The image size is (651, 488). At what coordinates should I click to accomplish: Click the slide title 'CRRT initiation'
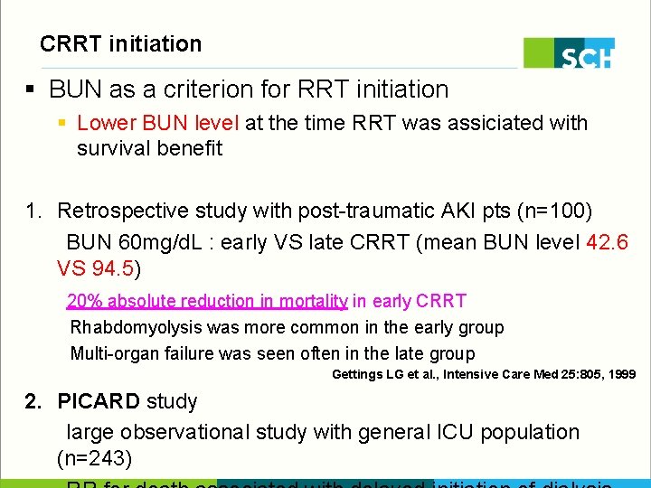tap(120, 43)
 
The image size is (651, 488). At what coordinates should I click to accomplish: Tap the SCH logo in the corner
tap(569, 53)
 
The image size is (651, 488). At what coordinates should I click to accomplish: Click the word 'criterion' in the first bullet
tap(190, 89)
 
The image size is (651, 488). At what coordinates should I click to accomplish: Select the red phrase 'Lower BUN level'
tap(158, 123)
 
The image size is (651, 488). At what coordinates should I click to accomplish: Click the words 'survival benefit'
tap(149, 149)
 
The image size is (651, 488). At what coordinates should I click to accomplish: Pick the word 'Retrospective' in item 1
tap(123, 211)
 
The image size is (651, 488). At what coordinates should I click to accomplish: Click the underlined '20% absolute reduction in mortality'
tap(207, 301)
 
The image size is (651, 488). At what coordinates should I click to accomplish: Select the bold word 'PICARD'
tap(99, 401)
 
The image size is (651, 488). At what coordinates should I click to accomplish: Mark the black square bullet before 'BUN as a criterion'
tap(30, 89)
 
